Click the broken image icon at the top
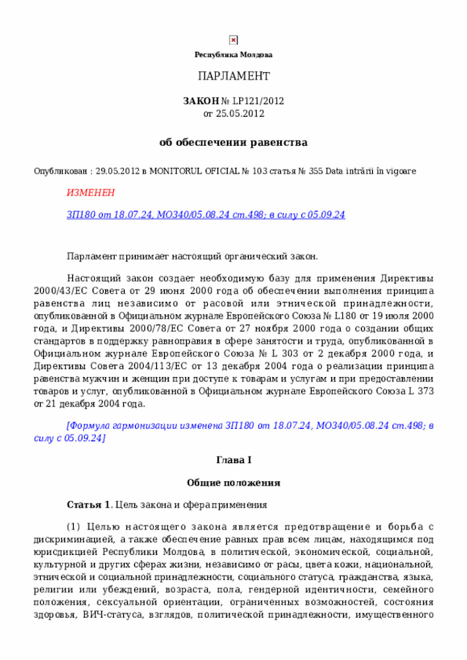point(233,40)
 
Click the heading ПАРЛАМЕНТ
point(233,77)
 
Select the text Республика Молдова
point(233,55)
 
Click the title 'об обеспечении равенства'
point(233,142)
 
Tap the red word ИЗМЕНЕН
point(90,193)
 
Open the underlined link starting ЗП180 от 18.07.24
point(205,214)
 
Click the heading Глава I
point(233,461)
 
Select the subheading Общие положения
point(233,483)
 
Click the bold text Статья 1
point(88,505)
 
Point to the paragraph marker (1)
point(74,527)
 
